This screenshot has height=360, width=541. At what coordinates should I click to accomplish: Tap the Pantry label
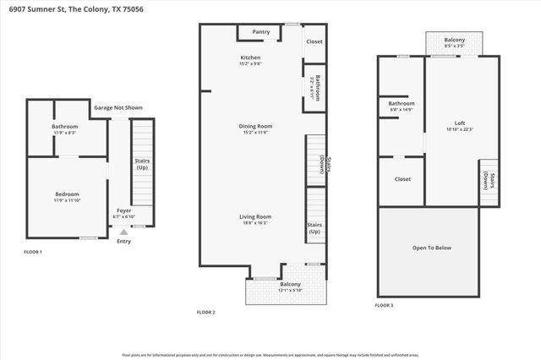coord(261,32)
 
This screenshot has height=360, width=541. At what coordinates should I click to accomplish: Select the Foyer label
coord(123,212)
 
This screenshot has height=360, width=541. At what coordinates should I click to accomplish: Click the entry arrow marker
coord(123,231)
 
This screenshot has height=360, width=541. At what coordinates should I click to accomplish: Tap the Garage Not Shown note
coord(117,107)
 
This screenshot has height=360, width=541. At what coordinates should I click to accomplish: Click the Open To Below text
coord(431,248)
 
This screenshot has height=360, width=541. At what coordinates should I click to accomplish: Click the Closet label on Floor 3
coord(402,179)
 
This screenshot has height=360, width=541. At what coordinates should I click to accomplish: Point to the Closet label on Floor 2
coord(314,41)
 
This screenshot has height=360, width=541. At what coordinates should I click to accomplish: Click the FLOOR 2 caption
coord(206,313)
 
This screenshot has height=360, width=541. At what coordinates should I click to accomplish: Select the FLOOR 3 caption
coord(384,304)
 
